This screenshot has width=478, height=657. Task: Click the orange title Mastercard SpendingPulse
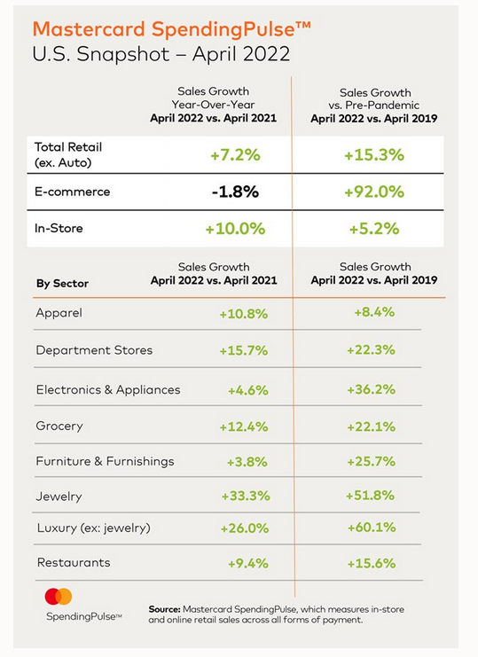[172, 30]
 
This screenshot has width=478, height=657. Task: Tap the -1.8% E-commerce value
[235, 192]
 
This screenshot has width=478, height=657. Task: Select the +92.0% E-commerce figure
[374, 192]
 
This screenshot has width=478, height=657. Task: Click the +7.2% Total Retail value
[235, 155]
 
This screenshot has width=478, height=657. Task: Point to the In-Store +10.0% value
[235, 229]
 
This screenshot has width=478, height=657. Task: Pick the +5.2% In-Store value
[374, 229]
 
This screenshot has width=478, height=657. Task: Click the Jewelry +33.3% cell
[246, 497]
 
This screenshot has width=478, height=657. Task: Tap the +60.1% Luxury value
[372, 528]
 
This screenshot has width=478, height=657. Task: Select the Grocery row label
[59, 426]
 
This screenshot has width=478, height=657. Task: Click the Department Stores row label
[94, 350]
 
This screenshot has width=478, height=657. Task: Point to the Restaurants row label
[74, 562]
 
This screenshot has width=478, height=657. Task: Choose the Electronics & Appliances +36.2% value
[372, 389]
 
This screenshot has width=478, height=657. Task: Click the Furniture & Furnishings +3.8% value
[247, 462]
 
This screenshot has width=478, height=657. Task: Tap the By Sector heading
[62, 284]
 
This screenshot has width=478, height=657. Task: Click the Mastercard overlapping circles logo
[59, 597]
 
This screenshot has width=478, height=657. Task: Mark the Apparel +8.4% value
[374, 312]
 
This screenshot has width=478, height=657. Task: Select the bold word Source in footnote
[165, 609]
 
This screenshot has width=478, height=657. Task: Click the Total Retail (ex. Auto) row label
[68, 154]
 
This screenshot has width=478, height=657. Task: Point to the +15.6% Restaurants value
[372, 563]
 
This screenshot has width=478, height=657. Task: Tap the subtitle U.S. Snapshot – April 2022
[161, 54]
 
